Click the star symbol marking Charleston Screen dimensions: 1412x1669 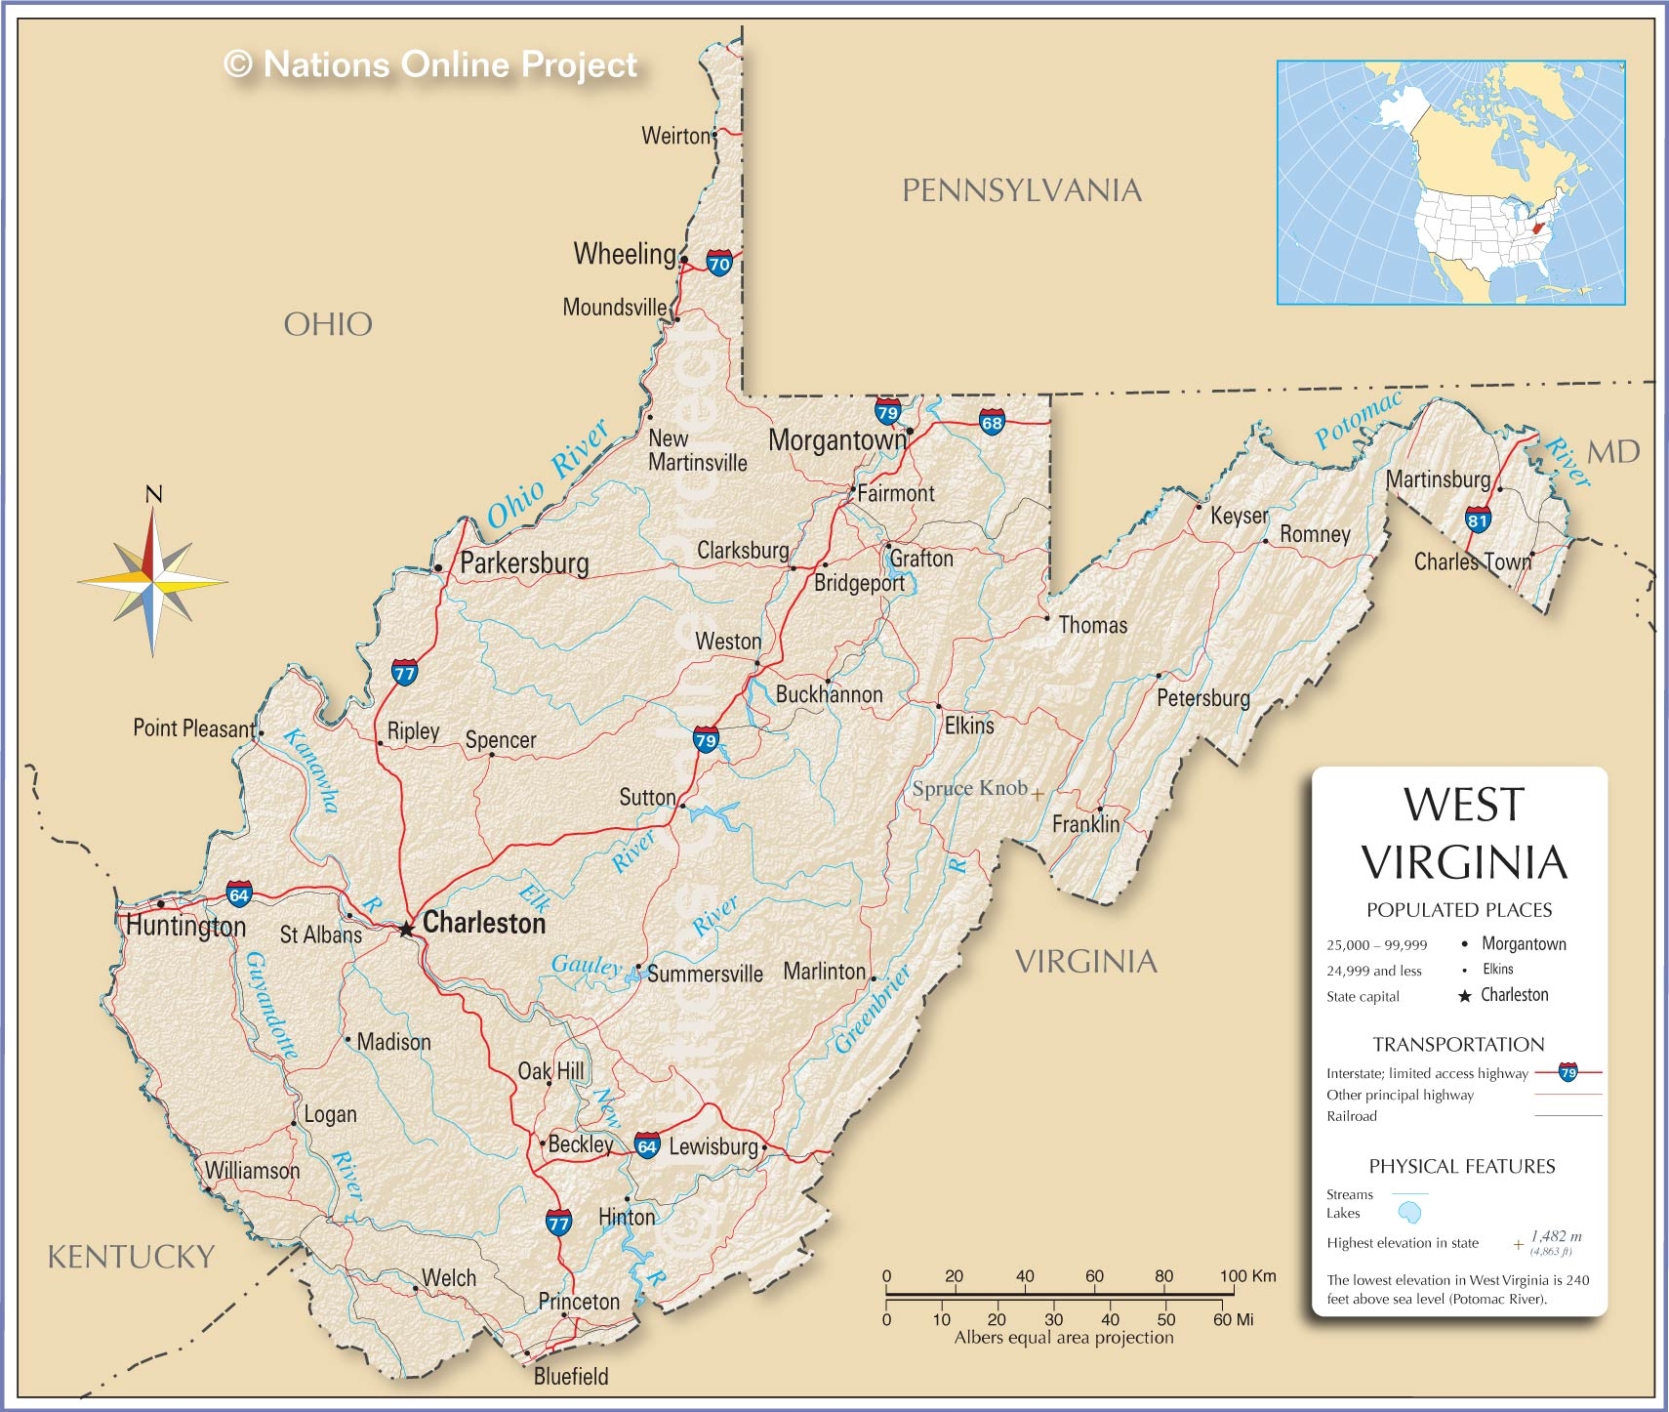pyautogui.click(x=407, y=929)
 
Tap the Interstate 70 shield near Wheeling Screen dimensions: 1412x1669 pyautogui.click(x=718, y=264)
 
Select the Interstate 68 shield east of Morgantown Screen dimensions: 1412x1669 pyautogui.click(x=992, y=423)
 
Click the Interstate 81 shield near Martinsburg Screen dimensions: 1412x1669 pyautogui.click(x=1478, y=519)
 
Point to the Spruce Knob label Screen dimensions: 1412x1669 pyautogui.click(x=969, y=788)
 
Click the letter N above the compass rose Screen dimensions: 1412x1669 pyautogui.click(x=153, y=494)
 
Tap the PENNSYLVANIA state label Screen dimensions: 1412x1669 pyautogui.click(x=1021, y=190)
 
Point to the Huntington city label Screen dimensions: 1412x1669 pyautogui.click(x=186, y=926)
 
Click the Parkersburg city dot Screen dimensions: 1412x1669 pyautogui.click(x=438, y=567)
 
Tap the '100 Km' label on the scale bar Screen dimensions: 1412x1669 pyautogui.click(x=1247, y=1275)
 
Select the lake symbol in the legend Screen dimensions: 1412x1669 pyautogui.click(x=1409, y=1213)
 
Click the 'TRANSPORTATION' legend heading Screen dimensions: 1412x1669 pyautogui.click(x=1458, y=1044)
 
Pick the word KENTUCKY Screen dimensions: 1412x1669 pyautogui.click(x=131, y=1256)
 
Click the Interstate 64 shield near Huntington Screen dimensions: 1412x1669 pyautogui.click(x=239, y=893)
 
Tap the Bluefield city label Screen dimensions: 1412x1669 pyautogui.click(x=571, y=1376)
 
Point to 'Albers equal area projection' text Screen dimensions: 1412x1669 pyautogui.click(x=1064, y=1338)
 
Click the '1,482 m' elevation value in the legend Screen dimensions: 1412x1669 pyautogui.click(x=1556, y=1236)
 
